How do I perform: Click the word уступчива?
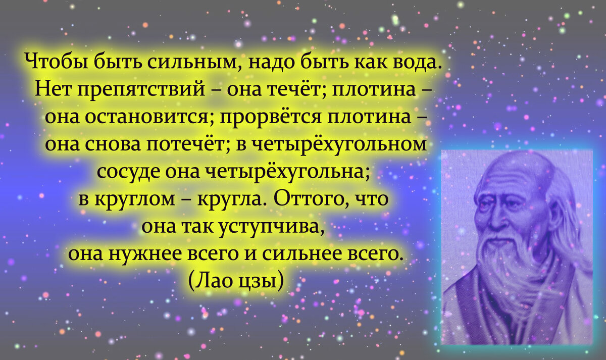point(270,226)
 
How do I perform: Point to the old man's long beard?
point(510,268)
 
